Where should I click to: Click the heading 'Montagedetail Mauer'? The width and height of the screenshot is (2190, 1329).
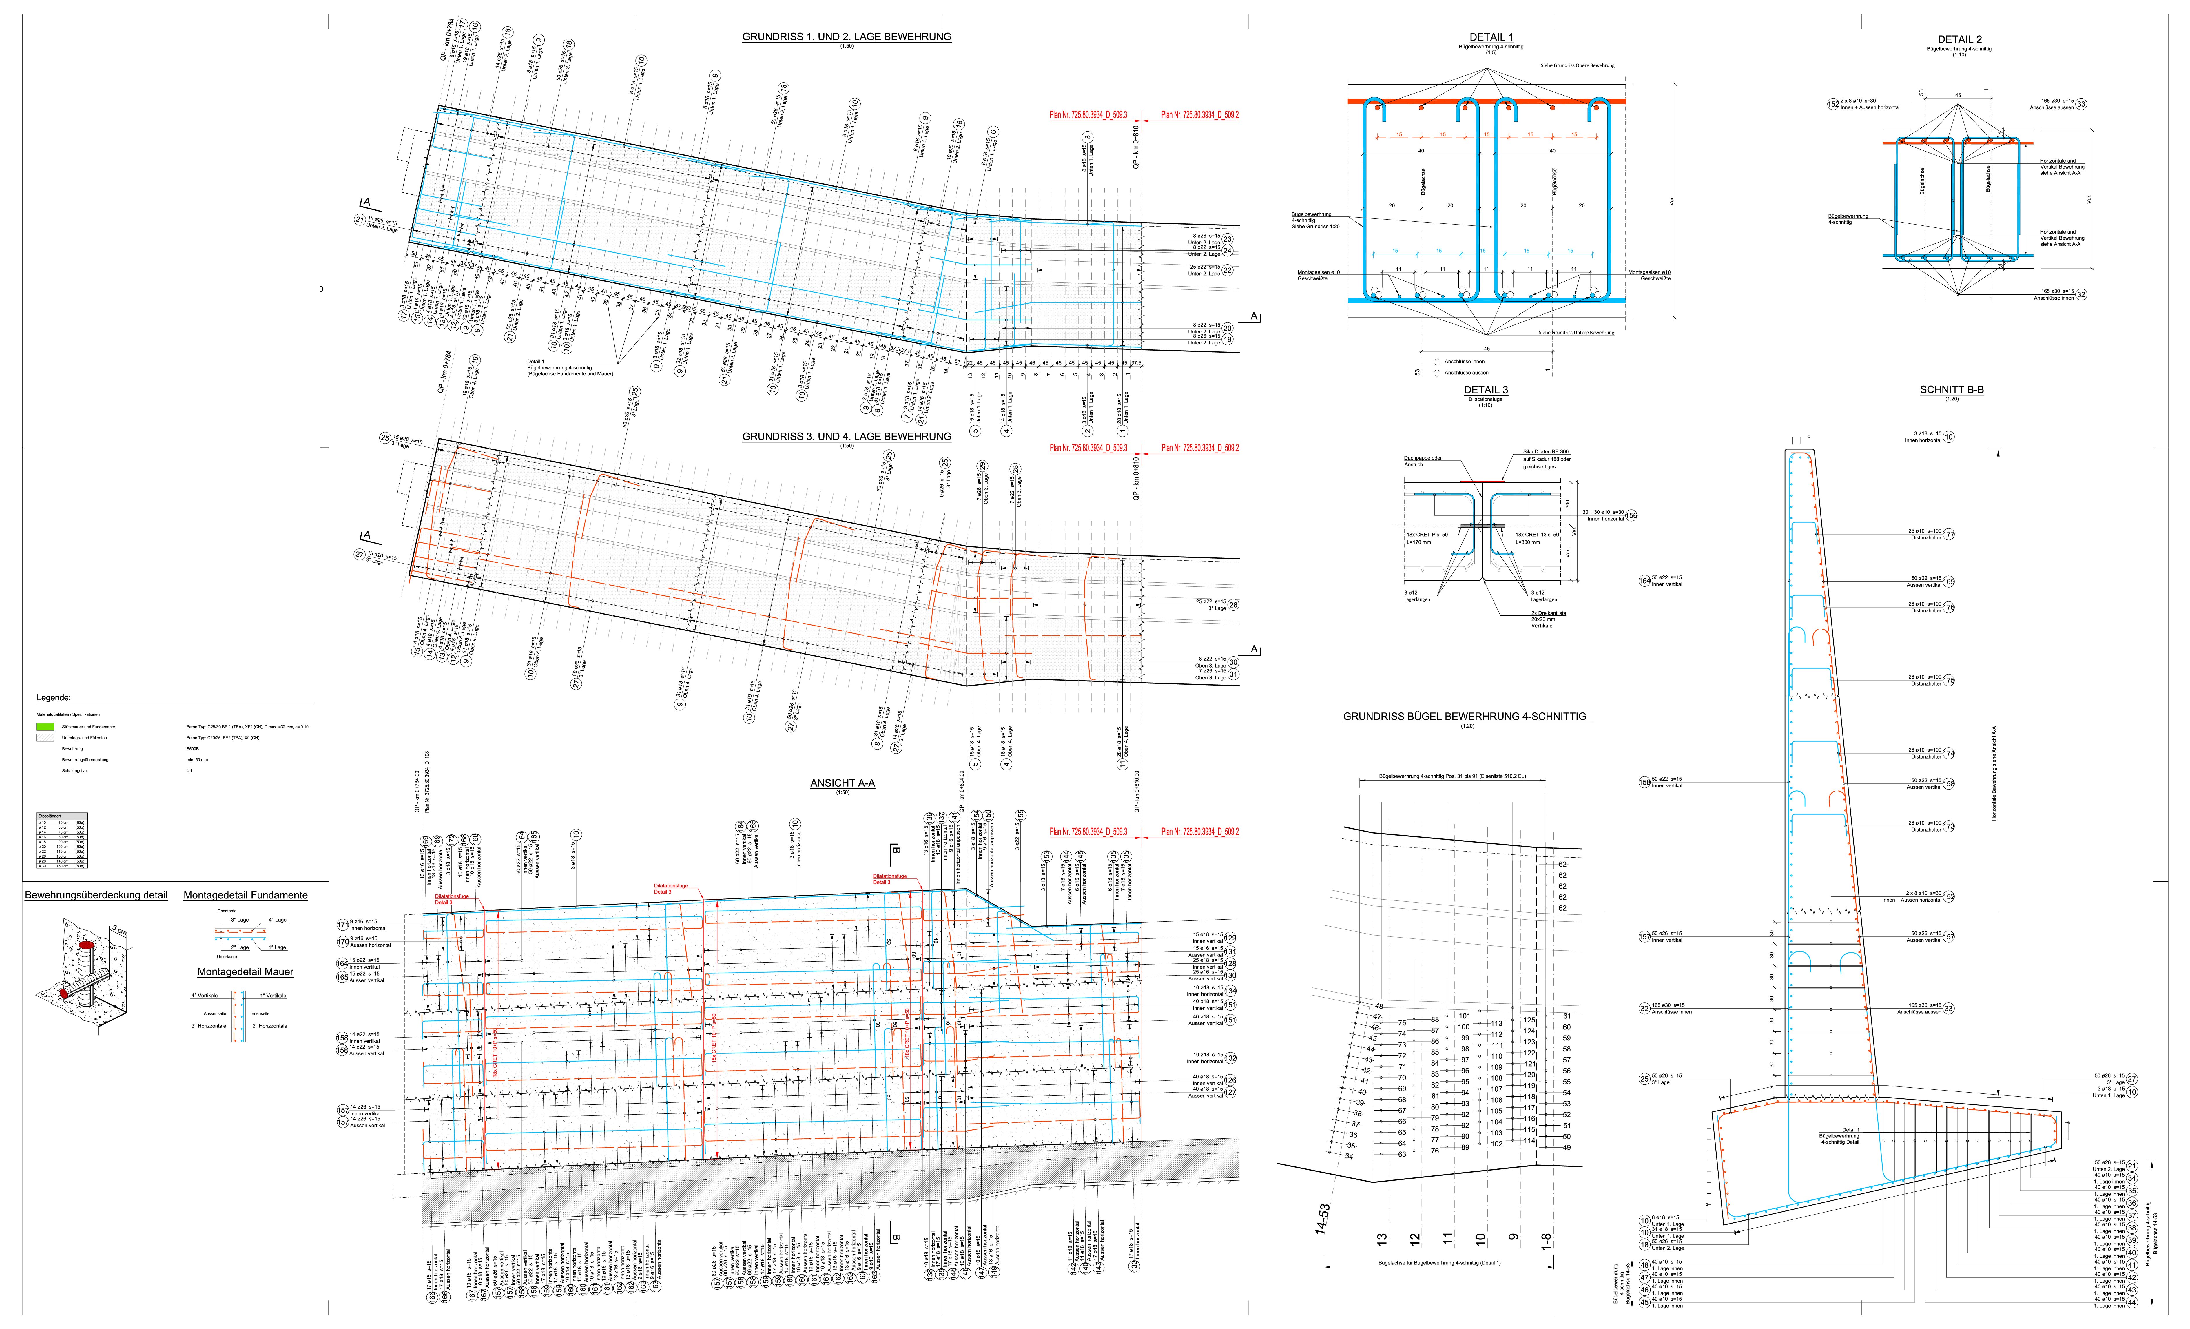point(245,972)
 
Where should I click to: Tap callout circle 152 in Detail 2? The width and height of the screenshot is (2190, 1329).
point(1833,104)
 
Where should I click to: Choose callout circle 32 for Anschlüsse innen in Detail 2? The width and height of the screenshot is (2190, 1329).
point(2081,294)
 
